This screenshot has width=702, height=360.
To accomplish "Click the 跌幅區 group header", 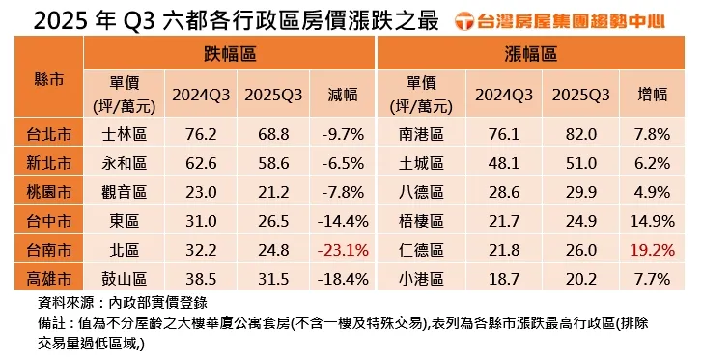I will coord(230,55).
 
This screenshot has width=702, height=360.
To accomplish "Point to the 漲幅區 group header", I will coord(531,55).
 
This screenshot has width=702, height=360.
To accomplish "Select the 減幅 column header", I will coord(343,95).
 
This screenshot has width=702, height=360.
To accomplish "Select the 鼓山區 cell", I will coord(124,279).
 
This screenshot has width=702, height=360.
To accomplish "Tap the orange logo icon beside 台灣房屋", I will coord(464,18).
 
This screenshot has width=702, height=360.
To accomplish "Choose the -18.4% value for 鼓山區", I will coord(343,279).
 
